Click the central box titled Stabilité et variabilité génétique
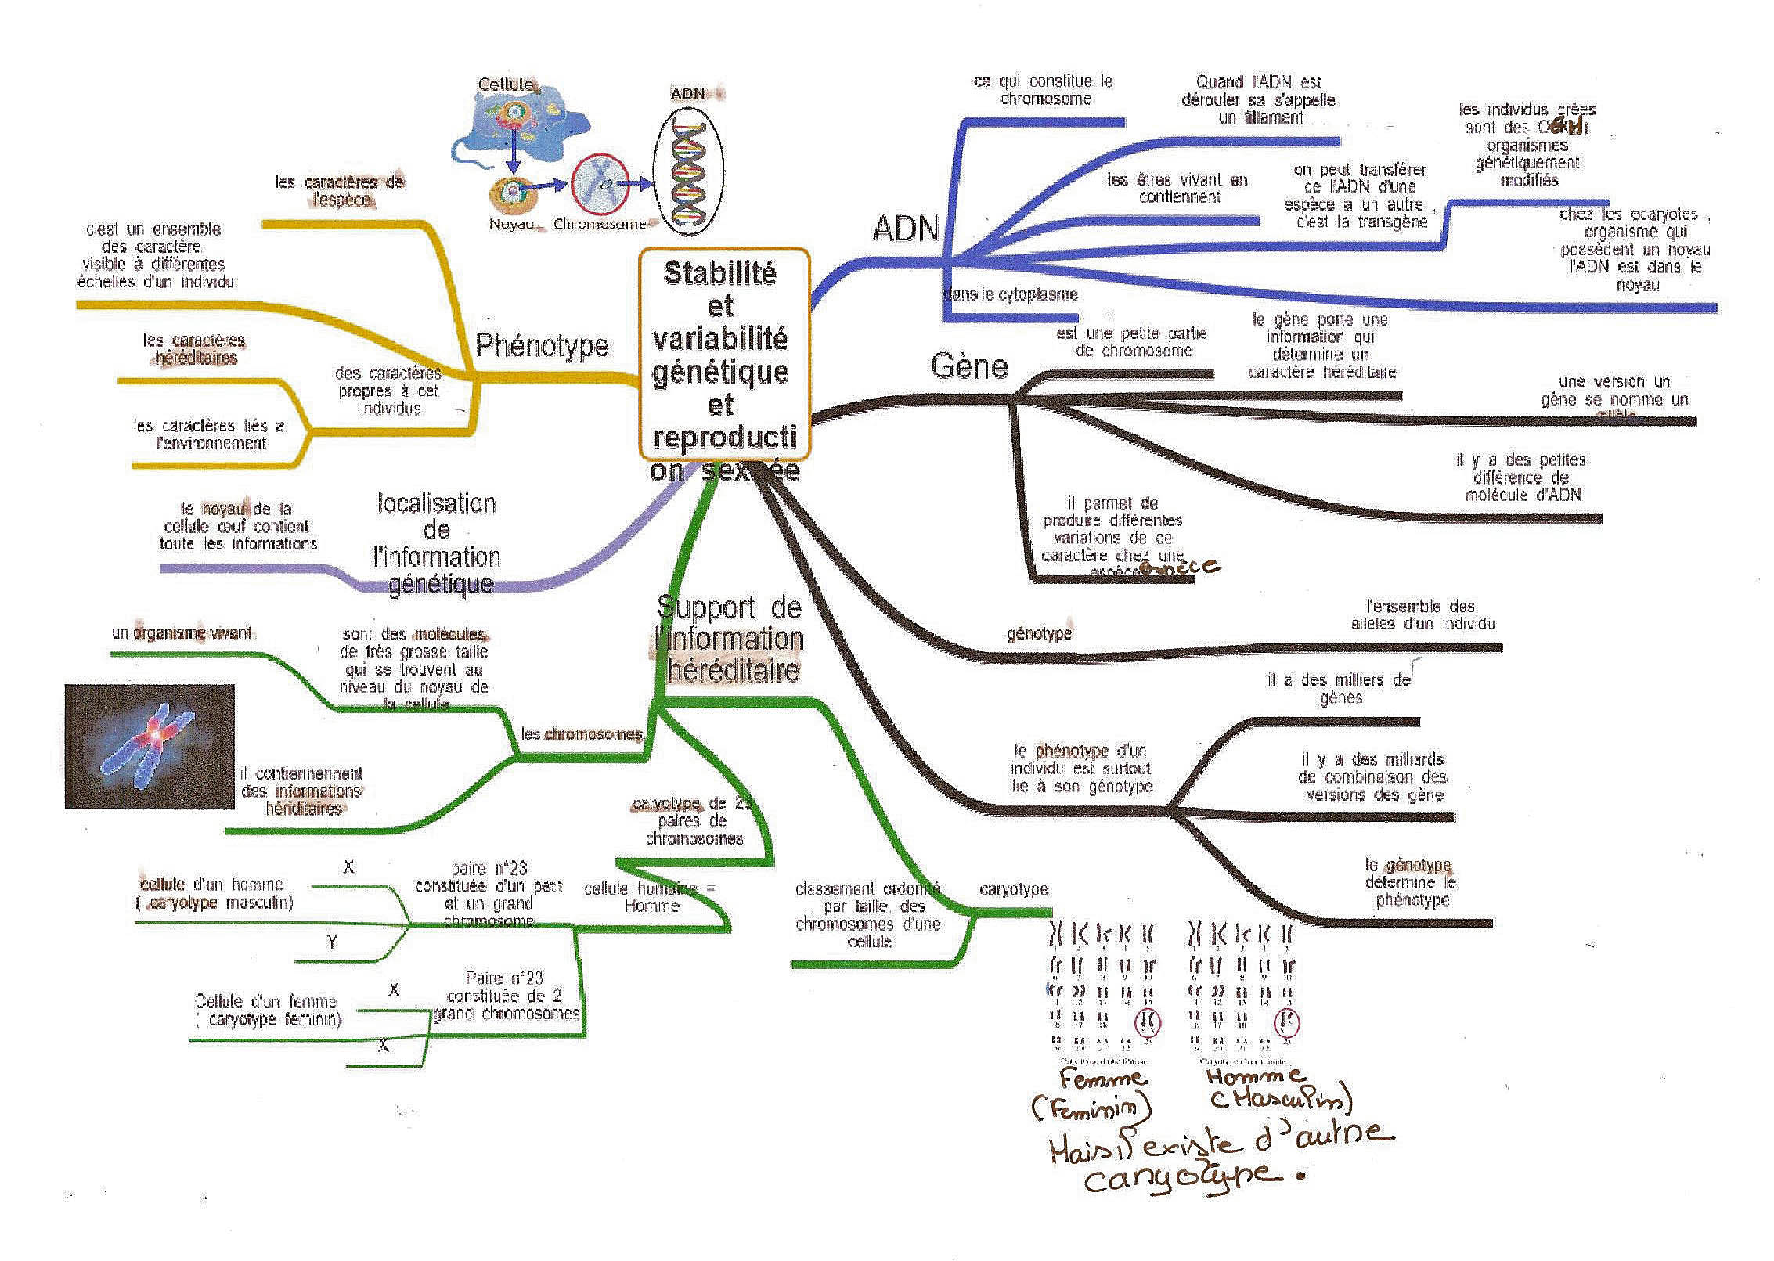723,354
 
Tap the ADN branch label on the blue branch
905,228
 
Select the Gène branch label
969,366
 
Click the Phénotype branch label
542,345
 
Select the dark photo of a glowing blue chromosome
150,746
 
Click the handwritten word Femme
1103,1079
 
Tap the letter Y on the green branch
333,942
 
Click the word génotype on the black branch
1039,633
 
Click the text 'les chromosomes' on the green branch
581,734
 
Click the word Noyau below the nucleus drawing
511,224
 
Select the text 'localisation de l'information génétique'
437,543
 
